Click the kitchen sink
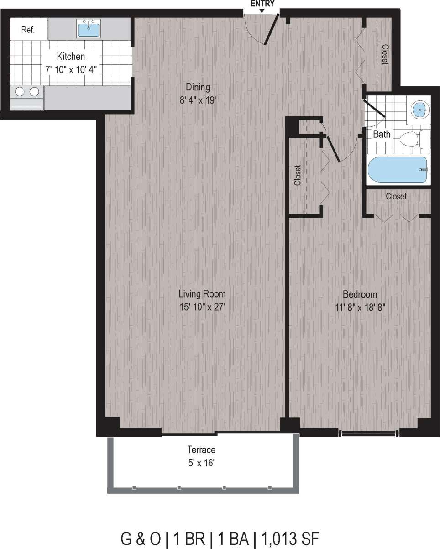[89, 29]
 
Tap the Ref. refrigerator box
[28, 30]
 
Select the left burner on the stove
[20, 92]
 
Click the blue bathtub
[398, 170]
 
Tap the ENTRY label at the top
[262, 4]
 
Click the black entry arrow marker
[262, 10]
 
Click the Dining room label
[197, 87]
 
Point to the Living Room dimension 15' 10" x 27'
[202, 307]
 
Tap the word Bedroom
[360, 294]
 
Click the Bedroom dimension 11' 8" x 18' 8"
[360, 307]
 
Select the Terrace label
[201, 450]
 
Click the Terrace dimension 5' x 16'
[201, 463]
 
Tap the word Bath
[382, 135]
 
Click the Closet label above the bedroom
[396, 196]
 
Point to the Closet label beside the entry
[385, 54]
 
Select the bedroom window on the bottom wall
[368, 432]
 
